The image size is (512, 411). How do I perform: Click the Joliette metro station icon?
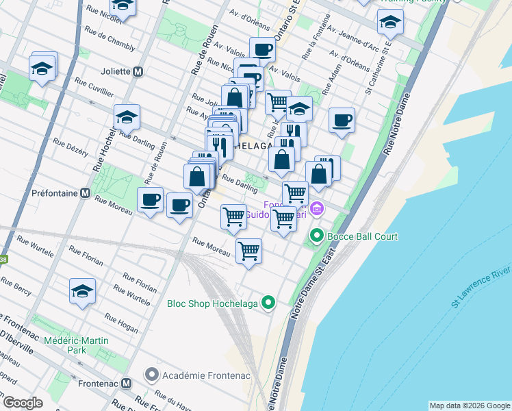click(138, 71)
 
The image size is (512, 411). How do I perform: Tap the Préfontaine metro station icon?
click(86, 193)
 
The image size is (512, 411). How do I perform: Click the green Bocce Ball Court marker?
click(316, 237)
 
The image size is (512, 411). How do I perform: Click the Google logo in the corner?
click(22, 403)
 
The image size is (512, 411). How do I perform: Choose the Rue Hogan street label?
click(121, 323)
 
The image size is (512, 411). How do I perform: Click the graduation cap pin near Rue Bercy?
click(82, 290)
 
